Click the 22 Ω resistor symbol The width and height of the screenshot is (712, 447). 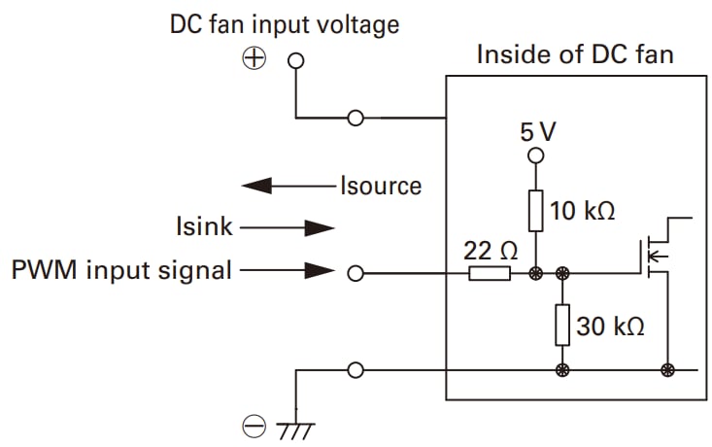pyautogui.click(x=489, y=274)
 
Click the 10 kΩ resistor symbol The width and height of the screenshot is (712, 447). pyautogui.click(x=534, y=211)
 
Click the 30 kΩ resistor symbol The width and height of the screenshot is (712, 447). pyautogui.click(x=561, y=325)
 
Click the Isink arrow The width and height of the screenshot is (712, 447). pyautogui.click(x=287, y=228)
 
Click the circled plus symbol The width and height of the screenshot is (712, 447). pyautogui.click(x=254, y=59)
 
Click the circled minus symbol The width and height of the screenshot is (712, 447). pyautogui.click(x=254, y=425)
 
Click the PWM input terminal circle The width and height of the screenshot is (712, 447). pyautogui.click(x=356, y=274)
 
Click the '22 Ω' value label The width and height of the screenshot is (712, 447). pyautogui.click(x=490, y=251)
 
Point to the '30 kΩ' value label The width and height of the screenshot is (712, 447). pyautogui.click(x=610, y=326)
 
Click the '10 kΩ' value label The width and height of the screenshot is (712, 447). pyautogui.click(x=583, y=211)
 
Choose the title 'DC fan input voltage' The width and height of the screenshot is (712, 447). pyautogui.click(x=285, y=23)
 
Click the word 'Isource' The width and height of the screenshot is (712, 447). pyautogui.click(x=380, y=185)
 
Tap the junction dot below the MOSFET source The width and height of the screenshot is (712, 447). pyautogui.click(x=667, y=369)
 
